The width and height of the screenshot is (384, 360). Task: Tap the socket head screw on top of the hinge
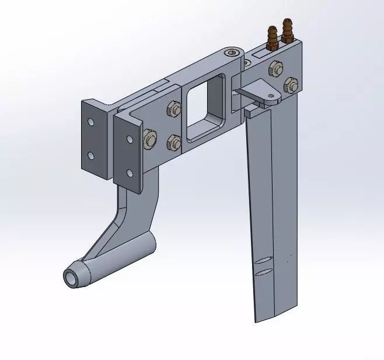[x=234, y=53]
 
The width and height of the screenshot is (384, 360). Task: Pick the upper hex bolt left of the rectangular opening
[x=173, y=109]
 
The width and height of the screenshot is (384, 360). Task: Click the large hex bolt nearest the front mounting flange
[x=149, y=140]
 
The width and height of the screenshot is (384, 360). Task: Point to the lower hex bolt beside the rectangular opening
[x=173, y=141]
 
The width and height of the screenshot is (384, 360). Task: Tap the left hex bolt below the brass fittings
[x=274, y=68]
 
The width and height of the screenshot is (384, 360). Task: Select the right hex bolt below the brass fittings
[x=291, y=83]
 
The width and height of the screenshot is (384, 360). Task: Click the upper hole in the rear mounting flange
[x=90, y=123]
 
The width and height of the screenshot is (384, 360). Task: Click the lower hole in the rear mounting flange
[x=90, y=156]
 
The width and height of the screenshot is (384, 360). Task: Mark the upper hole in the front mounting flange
[x=130, y=139]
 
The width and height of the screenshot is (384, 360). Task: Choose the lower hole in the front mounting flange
[x=130, y=173]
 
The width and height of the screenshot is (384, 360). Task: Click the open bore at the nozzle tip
[x=71, y=279]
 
